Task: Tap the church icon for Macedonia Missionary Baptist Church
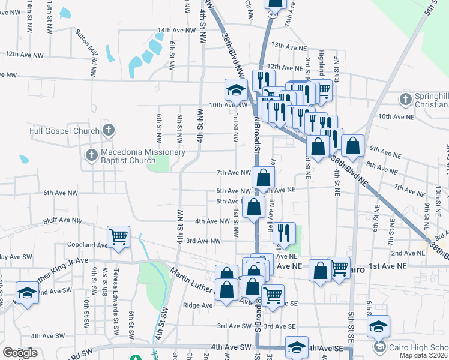click(x=91, y=155)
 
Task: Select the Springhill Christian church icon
click(x=406, y=98)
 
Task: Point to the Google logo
click(x=20, y=353)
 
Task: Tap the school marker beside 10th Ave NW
click(x=236, y=90)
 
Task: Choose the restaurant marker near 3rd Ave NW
click(x=284, y=232)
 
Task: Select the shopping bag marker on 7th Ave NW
click(x=263, y=177)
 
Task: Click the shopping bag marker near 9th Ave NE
click(x=352, y=145)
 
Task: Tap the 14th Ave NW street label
click(x=176, y=30)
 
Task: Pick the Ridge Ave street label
click(x=198, y=305)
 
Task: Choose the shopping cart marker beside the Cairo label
click(x=339, y=267)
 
